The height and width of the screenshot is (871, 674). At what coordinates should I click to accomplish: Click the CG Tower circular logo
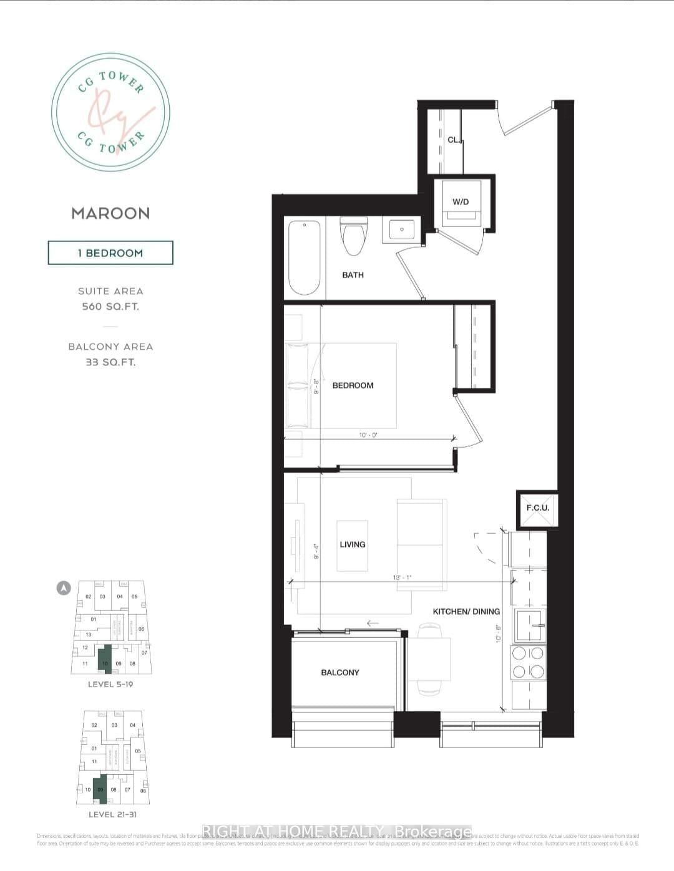coord(110,112)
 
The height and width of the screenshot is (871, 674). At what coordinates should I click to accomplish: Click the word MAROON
coord(110,213)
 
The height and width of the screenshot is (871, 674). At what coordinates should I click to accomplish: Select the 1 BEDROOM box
coord(110,253)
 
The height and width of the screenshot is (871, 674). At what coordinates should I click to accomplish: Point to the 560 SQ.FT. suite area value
coord(110,307)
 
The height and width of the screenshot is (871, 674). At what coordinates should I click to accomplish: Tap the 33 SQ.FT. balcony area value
coord(110,362)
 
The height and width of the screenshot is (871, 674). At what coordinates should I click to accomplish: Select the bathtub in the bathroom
coord(305,256)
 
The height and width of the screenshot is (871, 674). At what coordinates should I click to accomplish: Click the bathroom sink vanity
coord(401,229)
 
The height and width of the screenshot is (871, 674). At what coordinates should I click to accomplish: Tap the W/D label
coord(461,202)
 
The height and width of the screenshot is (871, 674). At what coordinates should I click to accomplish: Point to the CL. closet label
coord(454,140)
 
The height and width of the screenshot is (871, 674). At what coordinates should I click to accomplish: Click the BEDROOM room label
coord(353,385)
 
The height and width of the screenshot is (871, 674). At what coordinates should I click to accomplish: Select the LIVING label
coord(352,544)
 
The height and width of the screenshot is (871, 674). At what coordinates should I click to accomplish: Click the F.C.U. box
coord(537,508)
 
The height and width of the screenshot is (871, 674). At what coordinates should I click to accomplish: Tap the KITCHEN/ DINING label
coord(466,612)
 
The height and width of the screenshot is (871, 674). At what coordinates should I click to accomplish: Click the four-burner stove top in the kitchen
coord(528,663)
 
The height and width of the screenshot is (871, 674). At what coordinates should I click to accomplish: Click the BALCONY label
coord(340,672)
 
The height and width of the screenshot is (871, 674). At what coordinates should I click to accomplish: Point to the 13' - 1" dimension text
coord(403,577)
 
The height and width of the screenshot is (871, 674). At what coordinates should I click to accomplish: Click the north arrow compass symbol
coord(64,587)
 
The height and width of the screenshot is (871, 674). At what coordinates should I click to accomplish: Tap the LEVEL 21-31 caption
coord(110,814)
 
